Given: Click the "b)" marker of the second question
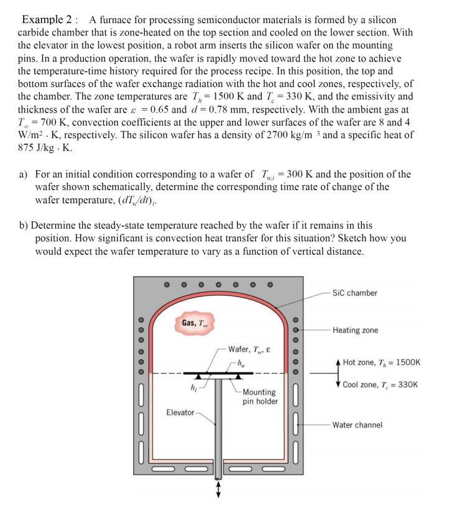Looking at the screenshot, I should (x=24, y=226).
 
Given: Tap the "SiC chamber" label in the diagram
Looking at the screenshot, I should (x=354, y=293).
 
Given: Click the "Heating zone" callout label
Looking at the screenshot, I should (x=355, y=330).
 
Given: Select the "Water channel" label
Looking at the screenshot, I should (x=357, y=425).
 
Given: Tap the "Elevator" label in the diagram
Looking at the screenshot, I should (x=180, y=413).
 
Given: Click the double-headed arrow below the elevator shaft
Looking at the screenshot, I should (x=218, y=490).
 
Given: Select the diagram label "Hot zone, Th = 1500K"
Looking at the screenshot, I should (x=381, y=362).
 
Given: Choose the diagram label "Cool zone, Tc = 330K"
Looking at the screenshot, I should (x=380, y=385).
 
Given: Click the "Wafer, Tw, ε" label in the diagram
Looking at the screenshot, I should (x=250, y=350).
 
